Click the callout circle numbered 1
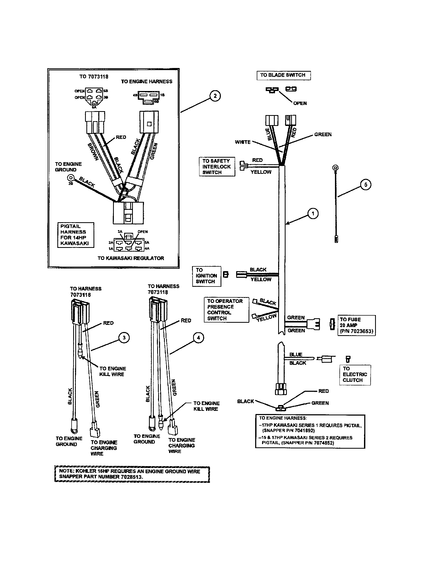click(313, 213)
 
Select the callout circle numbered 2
click(215, 96)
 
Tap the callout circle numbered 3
click(124, 338)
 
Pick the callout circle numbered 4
click(198, 338)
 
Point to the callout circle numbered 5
click(366, 185)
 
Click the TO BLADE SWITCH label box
click(283, 75)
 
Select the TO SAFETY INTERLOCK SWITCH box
click(217, 167)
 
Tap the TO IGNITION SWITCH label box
click(207, 276)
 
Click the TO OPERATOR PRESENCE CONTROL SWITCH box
click(226, 310)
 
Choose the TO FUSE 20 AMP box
click(357, 325)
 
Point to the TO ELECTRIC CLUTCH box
click(354, 374)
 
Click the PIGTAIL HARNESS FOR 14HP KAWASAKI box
click(76, 235)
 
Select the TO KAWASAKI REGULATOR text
click(130, 258)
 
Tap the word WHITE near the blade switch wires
click(242, 142)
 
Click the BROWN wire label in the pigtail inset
click(93, 152)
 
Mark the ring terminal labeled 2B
click(71, 178)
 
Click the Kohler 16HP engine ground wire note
click(132, 474)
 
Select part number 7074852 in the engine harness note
click(324, 443)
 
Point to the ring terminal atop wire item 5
click(336, 168)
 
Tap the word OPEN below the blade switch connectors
click(300, 103)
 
